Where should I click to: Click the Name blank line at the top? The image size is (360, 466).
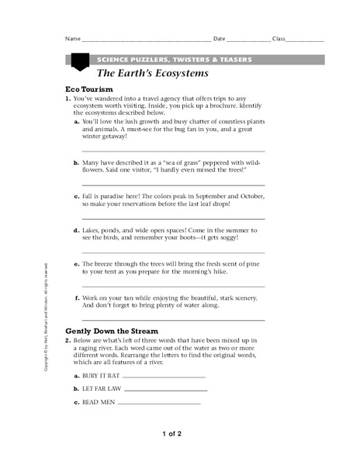click(146, 40)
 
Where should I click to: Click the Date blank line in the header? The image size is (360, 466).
click(249, 40)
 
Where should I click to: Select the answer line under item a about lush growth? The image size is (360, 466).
click(173, 151)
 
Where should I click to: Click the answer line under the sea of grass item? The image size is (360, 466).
click(173, 185)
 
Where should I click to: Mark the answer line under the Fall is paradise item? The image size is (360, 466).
click(173, 218)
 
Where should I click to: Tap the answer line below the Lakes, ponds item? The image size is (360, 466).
click(173, 252)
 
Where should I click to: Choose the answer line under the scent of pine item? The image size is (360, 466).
click(173, 285)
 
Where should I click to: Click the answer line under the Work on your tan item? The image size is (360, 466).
click(173, 318)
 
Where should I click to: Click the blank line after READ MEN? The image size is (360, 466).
click(161, 404)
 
